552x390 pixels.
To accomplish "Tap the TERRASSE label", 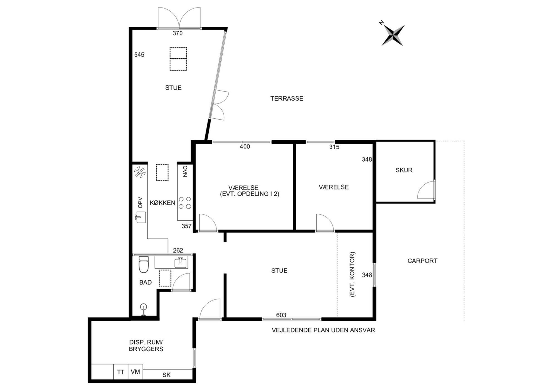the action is coord(287,98).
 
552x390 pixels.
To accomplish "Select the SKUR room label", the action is coord(404,170).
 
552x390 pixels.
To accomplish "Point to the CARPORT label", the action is coord(422,261).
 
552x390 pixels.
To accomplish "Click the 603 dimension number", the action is coord(281,315).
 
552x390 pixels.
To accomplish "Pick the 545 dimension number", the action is coord(139,55).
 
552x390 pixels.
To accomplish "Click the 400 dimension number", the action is coord(245,146).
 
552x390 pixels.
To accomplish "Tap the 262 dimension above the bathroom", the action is coord(178,250).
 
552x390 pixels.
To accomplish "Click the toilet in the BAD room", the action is coord(144,264).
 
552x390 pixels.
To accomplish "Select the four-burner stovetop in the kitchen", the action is coord(185,203).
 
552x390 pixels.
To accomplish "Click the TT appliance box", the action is coord(121,372).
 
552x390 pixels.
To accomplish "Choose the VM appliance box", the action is coord(135,372).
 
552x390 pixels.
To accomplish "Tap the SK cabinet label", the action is coord(166,375).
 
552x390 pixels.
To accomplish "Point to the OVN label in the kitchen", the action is coord(185,172).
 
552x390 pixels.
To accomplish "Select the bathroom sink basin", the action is coord(181,262).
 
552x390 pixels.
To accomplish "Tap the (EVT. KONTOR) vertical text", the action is coord(353,275).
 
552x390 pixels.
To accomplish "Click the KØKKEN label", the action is coord(162,203).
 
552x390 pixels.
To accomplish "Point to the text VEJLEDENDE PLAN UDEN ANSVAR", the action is coord(323,330).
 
